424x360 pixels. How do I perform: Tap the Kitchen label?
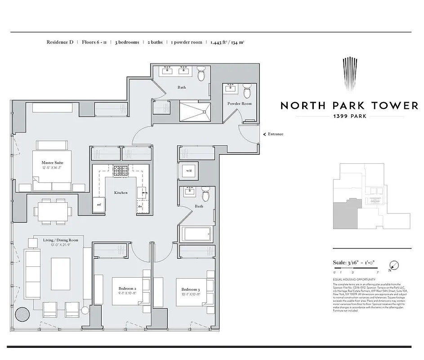coord(121,193)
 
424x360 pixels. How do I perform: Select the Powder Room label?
coord(239,103)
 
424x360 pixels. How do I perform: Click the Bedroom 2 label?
coord(127,288)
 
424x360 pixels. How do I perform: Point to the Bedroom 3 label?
coord(191,289)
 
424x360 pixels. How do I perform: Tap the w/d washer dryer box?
coord(189,171)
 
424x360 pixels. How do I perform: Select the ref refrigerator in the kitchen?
coord(99,204)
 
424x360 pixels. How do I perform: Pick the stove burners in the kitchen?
coord(121,171)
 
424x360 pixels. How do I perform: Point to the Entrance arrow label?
coord(275,134)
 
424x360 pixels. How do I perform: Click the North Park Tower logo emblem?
coord(349,74)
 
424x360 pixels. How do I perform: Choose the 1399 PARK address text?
coord(349,116)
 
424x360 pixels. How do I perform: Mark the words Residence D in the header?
coord(60,42)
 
